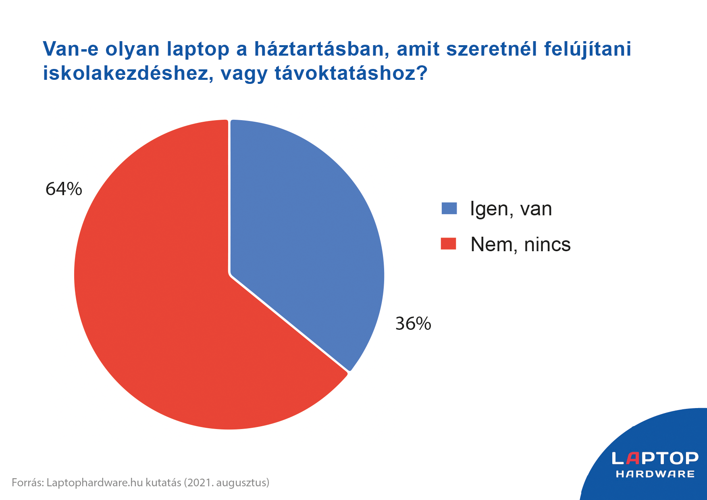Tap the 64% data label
[64, 189]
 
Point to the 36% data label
[413, 323]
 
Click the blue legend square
[449, 208]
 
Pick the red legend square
[448, 244]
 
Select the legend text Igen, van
[511, 209]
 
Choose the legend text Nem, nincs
[520, 244]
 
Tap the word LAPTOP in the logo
[655, 458]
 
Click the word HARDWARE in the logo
[655, 474]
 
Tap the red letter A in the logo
[634, 458]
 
